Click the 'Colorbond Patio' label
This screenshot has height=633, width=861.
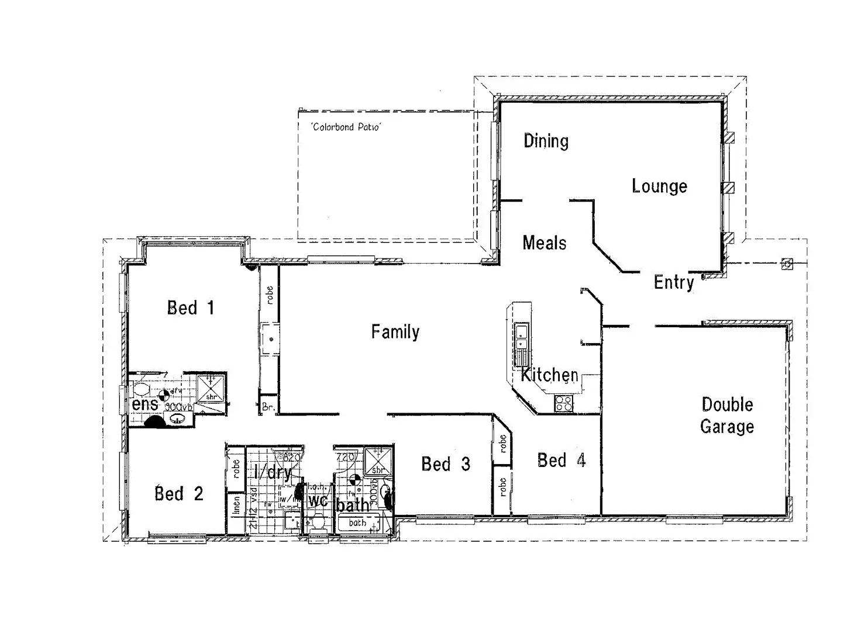click(x=346, y=126)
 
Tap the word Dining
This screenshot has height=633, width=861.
click(x=546, y=141)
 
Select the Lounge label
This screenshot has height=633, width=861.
click(x=659, y=186)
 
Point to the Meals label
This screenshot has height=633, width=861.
click(x=544, y=243)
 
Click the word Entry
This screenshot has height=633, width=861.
click(x=674, y=282)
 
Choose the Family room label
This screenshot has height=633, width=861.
click(x=395, y=332)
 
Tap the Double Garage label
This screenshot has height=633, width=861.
click(x=727, y=416)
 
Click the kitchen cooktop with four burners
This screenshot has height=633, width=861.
click(x=564, y=403)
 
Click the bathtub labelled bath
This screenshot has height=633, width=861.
click(x=357, y=523)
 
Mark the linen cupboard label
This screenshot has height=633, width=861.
click(x=237, y=505)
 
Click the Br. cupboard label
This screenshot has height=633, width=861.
click(x=268, y=407)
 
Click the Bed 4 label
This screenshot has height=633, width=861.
click(x=561, y=461)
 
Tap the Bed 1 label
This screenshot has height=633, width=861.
click(x=191, y=307)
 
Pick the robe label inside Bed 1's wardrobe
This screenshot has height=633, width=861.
click(x=269, y=295)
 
